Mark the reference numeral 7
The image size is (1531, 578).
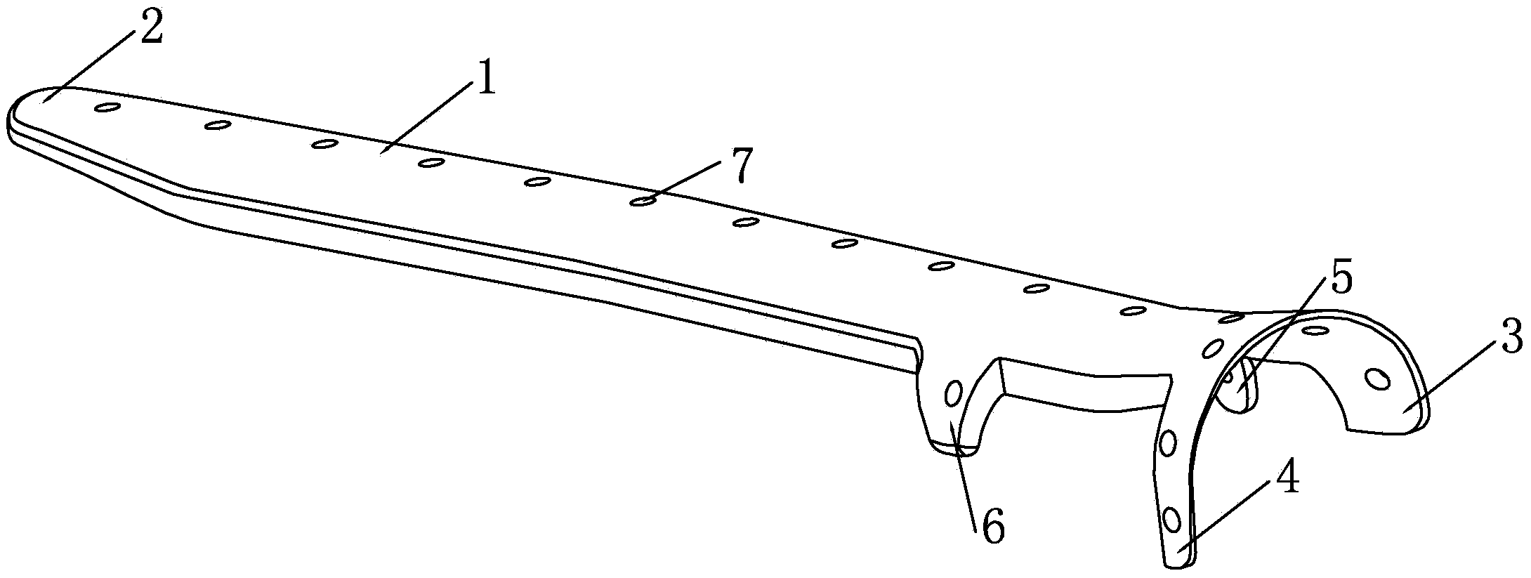click(x=740, y=165)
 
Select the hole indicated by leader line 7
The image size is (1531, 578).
click(x=642, y=202)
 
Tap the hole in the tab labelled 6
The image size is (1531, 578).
click(x=954, y=394)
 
